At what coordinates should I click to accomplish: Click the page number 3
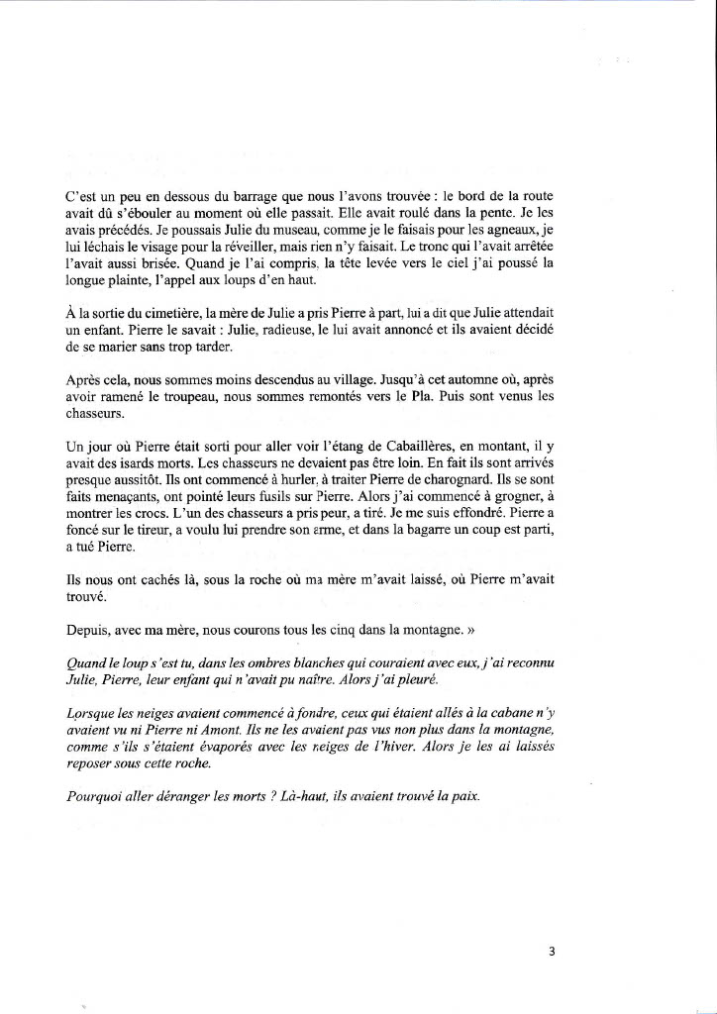coord(552,952)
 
